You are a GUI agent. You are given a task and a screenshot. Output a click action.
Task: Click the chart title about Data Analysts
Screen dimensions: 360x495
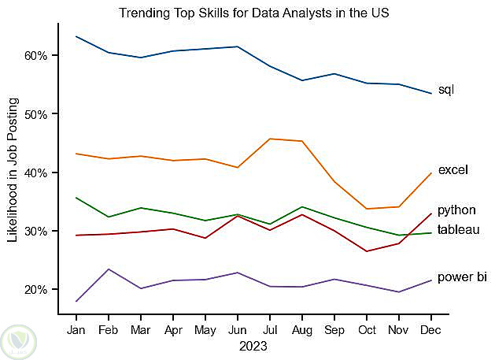253,13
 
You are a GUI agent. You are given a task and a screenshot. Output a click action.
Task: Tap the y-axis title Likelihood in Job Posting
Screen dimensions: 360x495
13,170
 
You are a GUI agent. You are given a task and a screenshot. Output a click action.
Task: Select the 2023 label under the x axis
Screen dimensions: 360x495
253,346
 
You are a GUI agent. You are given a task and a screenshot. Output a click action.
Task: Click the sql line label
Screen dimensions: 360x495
446,90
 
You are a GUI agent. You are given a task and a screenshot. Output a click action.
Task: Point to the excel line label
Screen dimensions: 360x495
453,170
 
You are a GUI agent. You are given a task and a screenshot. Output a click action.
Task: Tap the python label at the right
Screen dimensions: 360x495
456,210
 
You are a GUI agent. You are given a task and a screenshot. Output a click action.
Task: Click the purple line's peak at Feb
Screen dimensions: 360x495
109,269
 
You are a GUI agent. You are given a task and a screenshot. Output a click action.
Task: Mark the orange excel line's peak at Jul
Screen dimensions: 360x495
269,139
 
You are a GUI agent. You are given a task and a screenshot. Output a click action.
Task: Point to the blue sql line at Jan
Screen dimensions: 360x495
76,36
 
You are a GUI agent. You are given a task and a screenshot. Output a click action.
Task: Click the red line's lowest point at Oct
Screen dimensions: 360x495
366,251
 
